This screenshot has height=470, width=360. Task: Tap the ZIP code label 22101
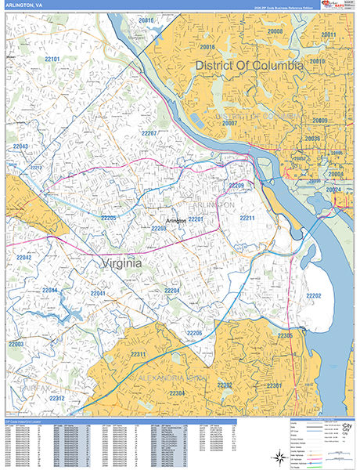[x=52, y=59]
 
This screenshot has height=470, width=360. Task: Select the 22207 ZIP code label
[x=149, y=133]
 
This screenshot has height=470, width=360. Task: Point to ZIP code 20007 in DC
[x=229, y=123]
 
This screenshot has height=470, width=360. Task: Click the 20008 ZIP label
[x=275, y=31]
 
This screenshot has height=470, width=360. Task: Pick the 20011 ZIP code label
[x=329, y=35]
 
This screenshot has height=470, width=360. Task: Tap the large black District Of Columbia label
[x=249, y=66]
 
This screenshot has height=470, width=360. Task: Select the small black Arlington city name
[x=176, y=221]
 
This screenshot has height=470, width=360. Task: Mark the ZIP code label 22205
[x=108, y=217]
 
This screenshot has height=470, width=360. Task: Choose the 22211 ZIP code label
[x=247, y=217]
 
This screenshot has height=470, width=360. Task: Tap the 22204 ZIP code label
[x=172, y=291]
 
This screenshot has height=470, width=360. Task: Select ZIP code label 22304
[x=177, y=392]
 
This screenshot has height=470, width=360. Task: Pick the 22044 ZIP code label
[x=50, y=291]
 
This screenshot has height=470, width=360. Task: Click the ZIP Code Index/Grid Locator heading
[x=23, y=421]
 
